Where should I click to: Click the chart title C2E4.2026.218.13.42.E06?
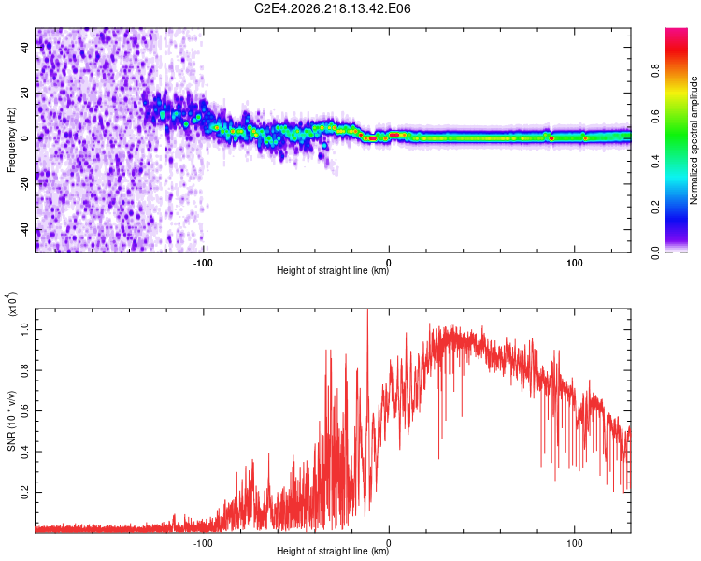tap(332, 8)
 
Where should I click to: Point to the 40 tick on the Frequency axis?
tap(24, 47)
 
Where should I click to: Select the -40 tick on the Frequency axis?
tap(24, 229)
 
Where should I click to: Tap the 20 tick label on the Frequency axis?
tap(24, 93)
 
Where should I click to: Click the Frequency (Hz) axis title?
tap(11, 140)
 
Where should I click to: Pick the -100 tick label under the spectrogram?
tap(203, 263)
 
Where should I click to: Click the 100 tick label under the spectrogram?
tap(575, 263)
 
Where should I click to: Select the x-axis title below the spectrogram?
tap(333, 270)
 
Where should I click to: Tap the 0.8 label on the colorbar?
tap(655, 71)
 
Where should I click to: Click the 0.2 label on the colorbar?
tap(655, 208)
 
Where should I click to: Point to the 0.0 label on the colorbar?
tap(655, 252)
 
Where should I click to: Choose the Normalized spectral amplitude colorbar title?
tap(694, 140)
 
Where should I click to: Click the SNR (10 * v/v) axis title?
tap(11, 421)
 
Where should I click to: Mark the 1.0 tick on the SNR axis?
tap(24, 330)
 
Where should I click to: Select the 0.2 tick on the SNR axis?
tap(24, 492)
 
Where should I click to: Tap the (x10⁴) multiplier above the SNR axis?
tap(12, 304)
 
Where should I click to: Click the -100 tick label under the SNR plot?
tap(203, 543)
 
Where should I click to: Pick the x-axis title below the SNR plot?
tap(333, 551)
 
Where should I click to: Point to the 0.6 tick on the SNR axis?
tap(24, 410)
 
